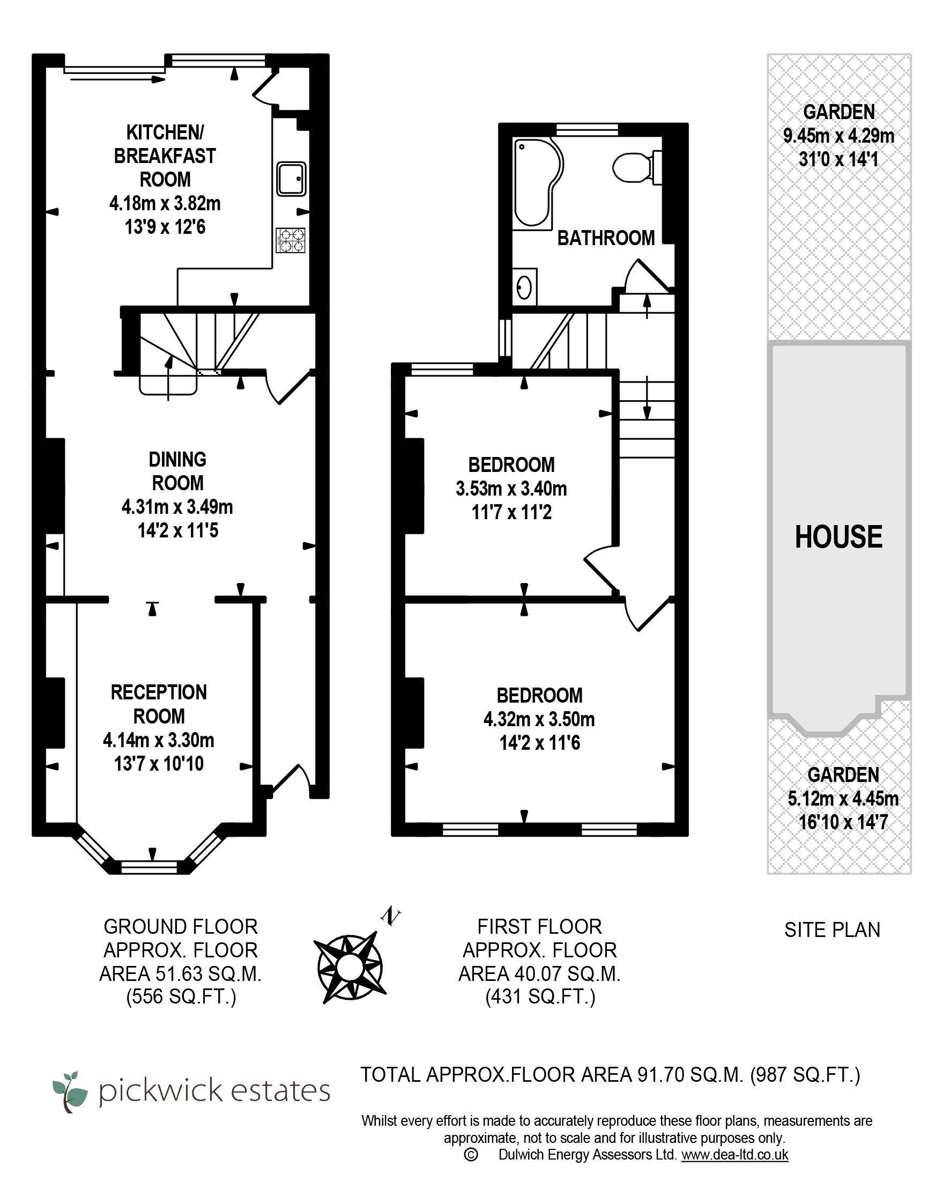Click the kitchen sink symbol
[291, 179]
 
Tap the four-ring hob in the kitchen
[291, 240]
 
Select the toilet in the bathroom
[637, 167]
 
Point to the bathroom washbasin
[524, 287]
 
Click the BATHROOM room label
[606, 238]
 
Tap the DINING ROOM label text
[177, 471]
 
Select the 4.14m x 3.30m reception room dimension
[159, 740]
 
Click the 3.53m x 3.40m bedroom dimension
[511, 489]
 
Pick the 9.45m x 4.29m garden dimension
[838, 136]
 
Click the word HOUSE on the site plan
[838, 537]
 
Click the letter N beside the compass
[391, 916]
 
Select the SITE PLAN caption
[832, 930]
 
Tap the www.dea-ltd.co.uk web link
[735, 1155]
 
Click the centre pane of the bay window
[149, 866]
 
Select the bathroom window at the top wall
[587, 129]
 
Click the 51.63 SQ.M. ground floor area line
[181, 974]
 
